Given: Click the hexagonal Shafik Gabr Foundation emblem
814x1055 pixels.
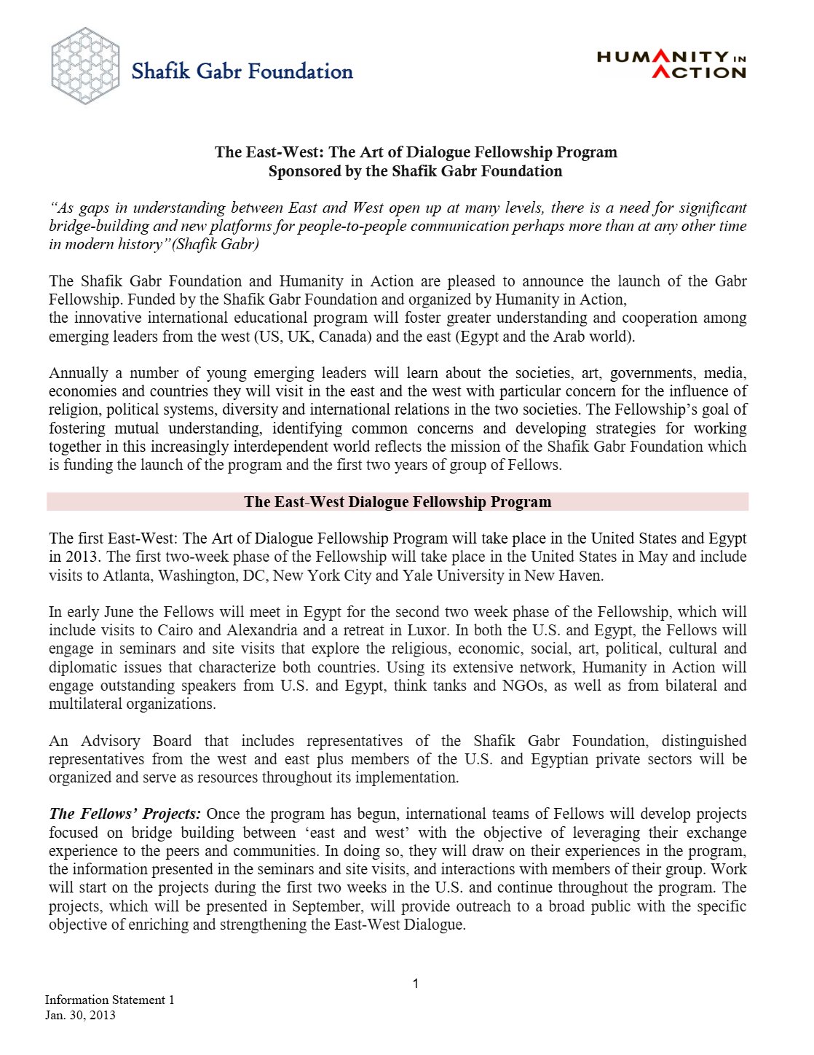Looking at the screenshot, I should click(85, 66).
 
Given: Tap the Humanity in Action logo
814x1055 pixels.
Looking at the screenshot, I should click(671, 65).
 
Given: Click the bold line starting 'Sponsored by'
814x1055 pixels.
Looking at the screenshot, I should click(415, 171).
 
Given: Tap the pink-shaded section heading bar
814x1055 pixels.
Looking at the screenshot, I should click(398, 502).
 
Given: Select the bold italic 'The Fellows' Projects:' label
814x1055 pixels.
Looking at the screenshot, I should click(125, 814).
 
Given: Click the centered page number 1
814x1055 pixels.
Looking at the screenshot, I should click(415, 984).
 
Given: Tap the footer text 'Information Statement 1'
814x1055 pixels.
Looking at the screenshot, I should click(109, 1000).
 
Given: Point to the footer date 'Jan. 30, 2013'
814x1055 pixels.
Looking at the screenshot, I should click(80, 1015).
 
